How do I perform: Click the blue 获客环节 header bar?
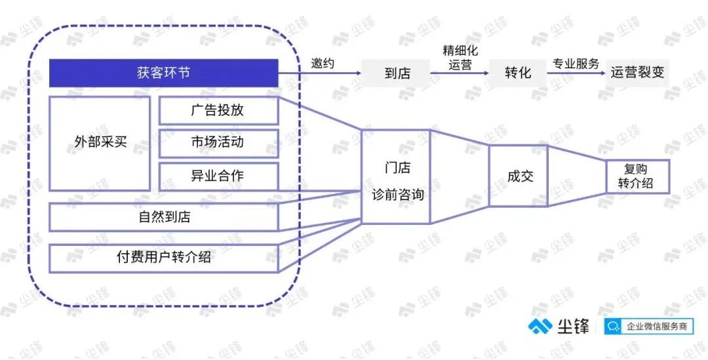tap(163, 73)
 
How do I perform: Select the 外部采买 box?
tap(100, 143)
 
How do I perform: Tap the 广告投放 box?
tap(218, 110)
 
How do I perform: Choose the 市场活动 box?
tap(218, 143)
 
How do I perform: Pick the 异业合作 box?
tap(218, 176)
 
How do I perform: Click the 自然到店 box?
tap(163, 217)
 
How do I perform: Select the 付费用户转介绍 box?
tap(163, 258)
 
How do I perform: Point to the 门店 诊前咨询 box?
tap(396, 176)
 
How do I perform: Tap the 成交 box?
tap(519, 176)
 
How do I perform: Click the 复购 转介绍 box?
tap(637, 176)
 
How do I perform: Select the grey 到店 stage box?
tap(396, 73)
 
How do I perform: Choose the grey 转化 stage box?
tap(518, 73)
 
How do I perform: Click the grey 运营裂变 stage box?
tap(637, 73)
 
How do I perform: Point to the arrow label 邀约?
tap(323, 63)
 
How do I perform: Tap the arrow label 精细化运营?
tap(460, 57)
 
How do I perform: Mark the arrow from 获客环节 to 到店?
tap(320, 73)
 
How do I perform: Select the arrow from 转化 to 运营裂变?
tap(577, 73)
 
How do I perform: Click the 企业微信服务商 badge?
tap(649, 326)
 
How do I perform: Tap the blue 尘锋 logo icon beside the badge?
tap(540, 326)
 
